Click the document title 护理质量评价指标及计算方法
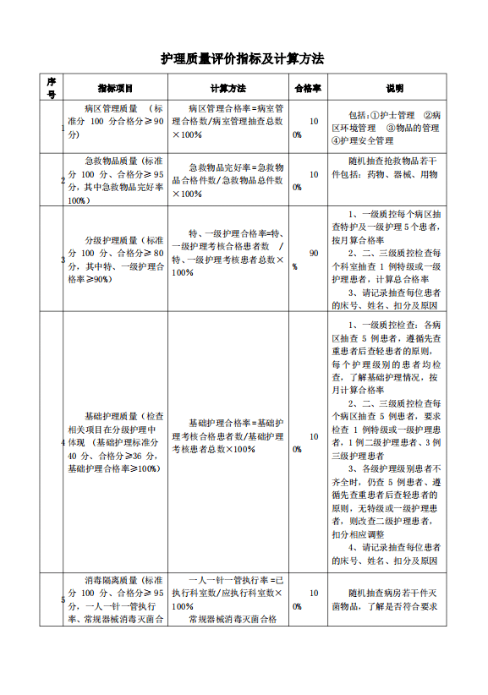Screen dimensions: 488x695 click(243, 59)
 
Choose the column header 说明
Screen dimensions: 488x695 click(394, 88)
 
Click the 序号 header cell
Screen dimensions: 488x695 click(51, 88)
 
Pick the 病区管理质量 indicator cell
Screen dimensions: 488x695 click(115, 121)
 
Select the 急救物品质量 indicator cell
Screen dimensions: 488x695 click(115, 180)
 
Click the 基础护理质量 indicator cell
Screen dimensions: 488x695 click(115, 442)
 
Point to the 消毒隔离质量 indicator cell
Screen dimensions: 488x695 click(115, 599)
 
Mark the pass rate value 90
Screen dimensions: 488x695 click(314, 253)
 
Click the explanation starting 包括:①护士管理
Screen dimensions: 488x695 click(394, 127)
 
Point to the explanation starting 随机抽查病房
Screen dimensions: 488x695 click(394, 599)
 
